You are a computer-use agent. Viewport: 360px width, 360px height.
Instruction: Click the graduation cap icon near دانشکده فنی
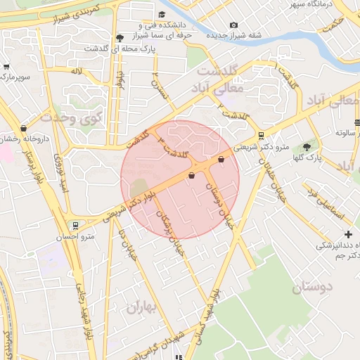pyautogui.click(x=162, y=15)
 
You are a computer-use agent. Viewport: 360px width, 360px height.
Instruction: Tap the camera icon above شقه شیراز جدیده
pyautogui.click(x=233, y=25)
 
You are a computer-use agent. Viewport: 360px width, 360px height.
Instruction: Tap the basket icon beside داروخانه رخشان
pyautogui.click(x=25, y=128)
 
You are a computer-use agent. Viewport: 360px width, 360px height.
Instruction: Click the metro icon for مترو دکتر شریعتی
pyautogui.click(x=262, y=136)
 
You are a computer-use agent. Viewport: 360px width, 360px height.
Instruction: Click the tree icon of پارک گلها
pyautogui.click(x=307, y=146)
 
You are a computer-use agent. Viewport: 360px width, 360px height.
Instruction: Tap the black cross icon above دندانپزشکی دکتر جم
pyautogui.click(x=347, y=234)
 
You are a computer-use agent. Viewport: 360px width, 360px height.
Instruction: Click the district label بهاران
pyautogui.click(x=143, y=307)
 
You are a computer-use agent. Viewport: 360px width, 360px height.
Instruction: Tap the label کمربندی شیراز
pyautogui.click(x=56, y=16)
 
